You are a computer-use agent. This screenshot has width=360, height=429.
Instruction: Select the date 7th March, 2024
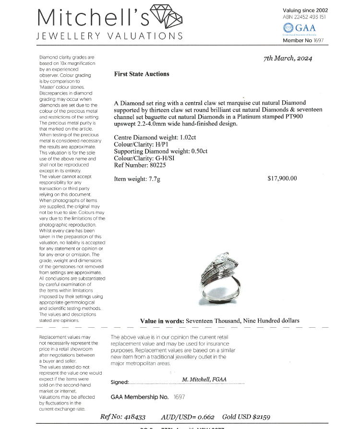pos(288,59)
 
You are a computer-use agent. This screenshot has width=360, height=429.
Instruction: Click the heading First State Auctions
pos(142,74)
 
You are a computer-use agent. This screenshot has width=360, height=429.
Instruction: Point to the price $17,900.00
pos(282,179)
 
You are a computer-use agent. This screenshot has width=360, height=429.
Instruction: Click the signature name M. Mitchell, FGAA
pos(204,379)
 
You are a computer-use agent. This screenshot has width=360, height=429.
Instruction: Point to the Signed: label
pos(120,382)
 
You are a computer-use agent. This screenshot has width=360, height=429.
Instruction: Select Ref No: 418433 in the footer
pos(122,417)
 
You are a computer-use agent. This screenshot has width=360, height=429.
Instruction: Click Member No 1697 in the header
pos(304,41)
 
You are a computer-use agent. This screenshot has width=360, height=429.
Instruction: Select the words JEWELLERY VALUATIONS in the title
pos(110,36)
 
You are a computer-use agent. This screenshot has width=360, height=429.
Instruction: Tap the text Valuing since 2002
pos(305,10)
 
